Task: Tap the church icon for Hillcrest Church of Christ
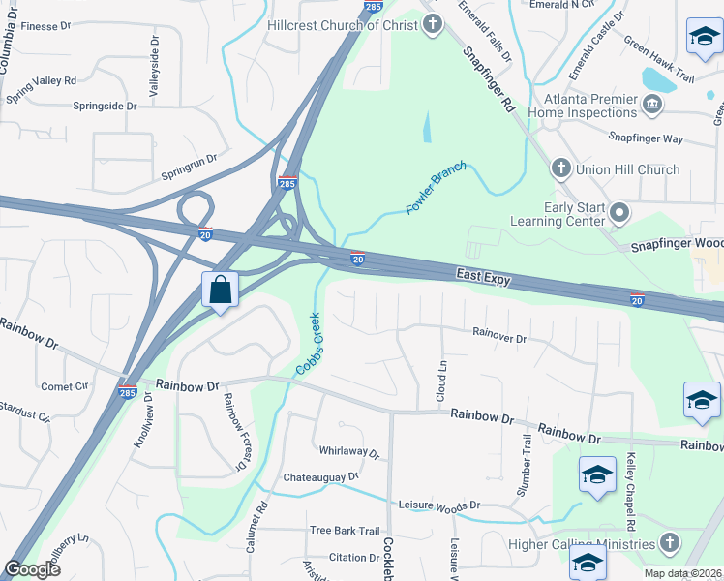coord(432,24)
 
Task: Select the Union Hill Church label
coord(627,169)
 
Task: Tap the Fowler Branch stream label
coord(436,188)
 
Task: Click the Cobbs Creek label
coord(307,344)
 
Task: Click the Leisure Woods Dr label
coord(439,505)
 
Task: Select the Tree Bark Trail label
coord(345,531)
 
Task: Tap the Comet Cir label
coord(64,386)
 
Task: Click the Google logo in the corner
coord(32,569)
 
